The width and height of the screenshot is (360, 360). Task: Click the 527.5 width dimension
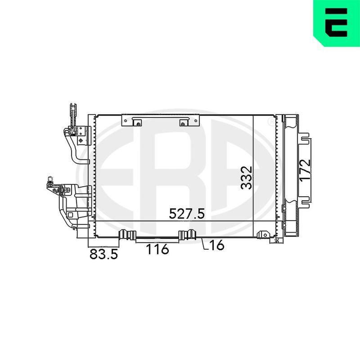[x=186, y=214]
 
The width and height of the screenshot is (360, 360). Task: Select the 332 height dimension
[x=246, y=178]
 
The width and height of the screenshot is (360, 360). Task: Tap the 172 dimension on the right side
[x=306, y=170]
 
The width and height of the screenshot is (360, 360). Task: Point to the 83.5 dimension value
[x=103, y=254]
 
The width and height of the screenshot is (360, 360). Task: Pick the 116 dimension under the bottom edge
[x=157, y=249]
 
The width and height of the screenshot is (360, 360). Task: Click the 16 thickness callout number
[x=217, y=245]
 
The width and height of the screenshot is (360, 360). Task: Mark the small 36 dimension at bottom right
[x=277, y=241]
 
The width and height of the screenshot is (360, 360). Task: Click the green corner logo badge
[x=337, y=23]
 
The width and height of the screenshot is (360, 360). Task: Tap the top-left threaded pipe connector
[x=73, y=115]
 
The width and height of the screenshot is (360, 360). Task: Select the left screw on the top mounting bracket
[x=138, y=124]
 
